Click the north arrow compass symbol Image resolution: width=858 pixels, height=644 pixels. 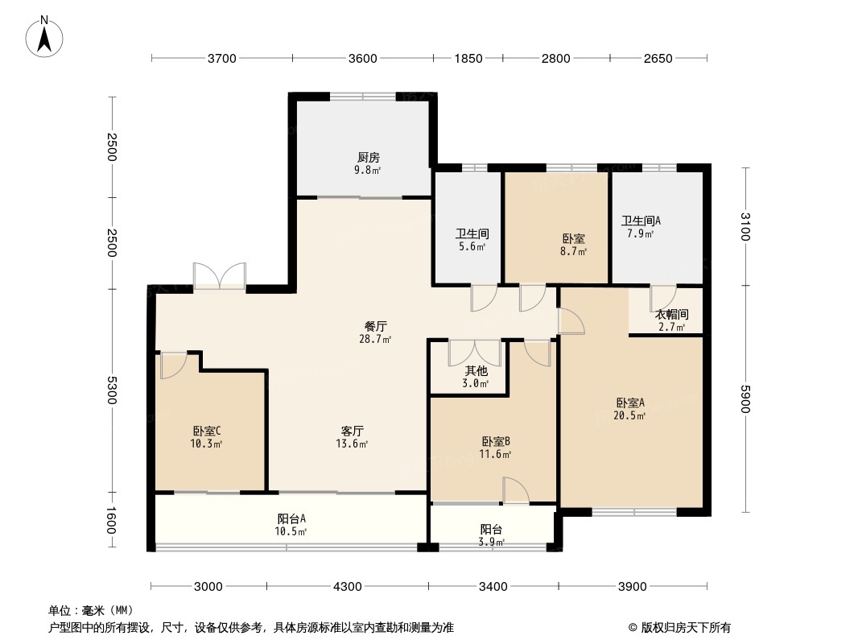[45, 35]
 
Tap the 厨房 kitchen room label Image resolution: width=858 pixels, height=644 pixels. [369, 157]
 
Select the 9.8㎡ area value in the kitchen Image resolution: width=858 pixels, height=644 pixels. [369, 170]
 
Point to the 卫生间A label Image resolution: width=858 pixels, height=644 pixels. [641, 221]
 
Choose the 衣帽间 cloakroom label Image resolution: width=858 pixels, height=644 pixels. [671, 315]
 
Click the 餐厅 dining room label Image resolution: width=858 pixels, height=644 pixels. [376, 326]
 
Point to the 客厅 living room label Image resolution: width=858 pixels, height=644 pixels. [352, 431]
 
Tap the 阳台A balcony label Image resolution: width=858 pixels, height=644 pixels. [291, 519]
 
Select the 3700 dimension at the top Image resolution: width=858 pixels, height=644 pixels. [221, 58]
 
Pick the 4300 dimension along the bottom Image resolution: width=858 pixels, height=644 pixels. [348, 586]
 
